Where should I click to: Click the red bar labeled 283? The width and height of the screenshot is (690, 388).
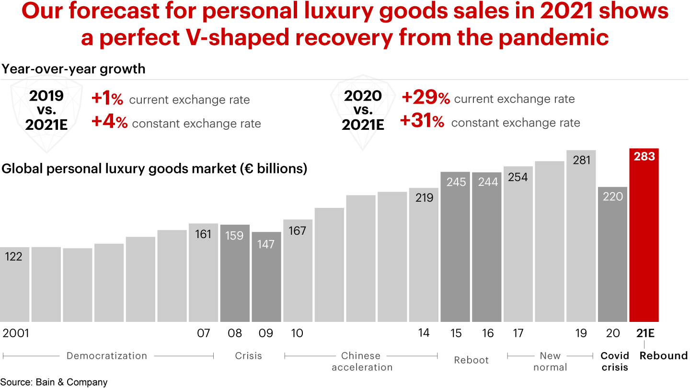(x=644, y=235)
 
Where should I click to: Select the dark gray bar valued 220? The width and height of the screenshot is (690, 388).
(x=612, y=254)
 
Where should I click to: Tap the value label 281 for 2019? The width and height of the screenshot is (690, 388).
(x=581, y=160)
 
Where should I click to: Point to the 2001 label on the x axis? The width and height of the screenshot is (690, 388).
(x=16, y=333)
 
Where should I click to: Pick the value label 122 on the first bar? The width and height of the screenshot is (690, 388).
(x=13, y=257)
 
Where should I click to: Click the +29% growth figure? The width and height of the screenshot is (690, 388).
(x=425, y=98)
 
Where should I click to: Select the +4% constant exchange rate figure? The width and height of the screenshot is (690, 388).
(x=109, y=123)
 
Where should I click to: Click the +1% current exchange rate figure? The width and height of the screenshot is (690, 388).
(x=107, y=99)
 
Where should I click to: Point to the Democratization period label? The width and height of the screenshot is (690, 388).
(x=107, y=355)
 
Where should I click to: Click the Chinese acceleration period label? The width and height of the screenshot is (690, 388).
(x=361, y=361)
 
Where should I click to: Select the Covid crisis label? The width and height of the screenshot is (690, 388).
(x=615, y=361)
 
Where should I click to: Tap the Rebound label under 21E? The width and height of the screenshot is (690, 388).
(x=664, y=355)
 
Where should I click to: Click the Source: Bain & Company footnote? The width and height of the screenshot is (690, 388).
(x=54, y=382)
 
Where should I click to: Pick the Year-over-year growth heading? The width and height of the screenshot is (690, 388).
(x=73, y=69)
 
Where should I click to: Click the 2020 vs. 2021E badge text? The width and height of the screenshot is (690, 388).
(x=363, y=110)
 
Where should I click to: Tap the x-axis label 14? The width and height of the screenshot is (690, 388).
(x=424, y=333)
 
